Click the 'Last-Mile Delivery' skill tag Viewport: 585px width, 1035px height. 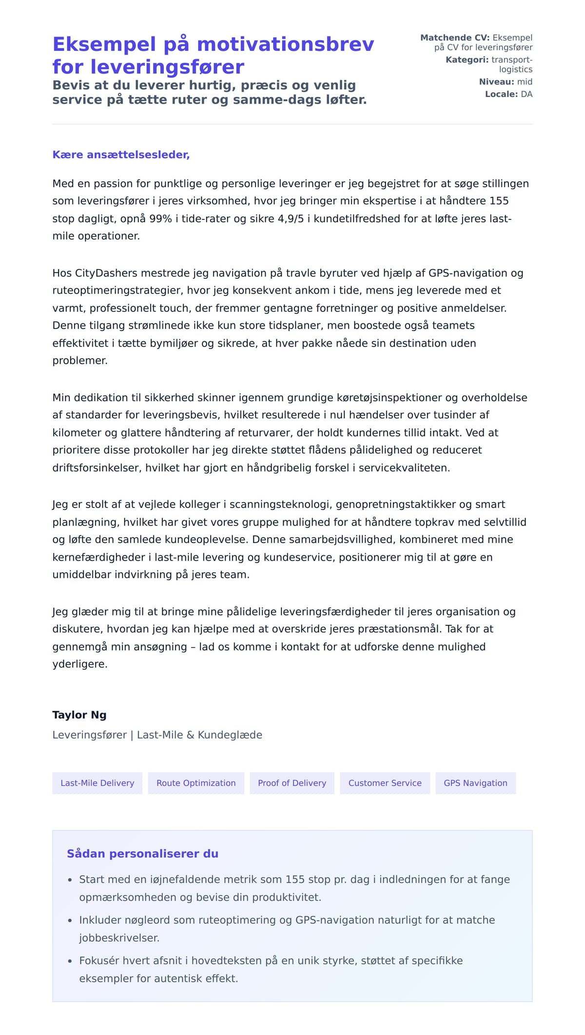pos(97,783)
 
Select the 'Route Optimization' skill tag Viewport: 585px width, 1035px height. pos(196,783)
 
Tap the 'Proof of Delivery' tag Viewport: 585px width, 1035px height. pos(292,783)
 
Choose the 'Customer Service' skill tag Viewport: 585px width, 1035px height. pos(385,783)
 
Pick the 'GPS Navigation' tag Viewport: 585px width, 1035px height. pos(475,783)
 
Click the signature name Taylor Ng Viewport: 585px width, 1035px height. pos(79,715)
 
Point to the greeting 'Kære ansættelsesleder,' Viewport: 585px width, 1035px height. pos(121,155)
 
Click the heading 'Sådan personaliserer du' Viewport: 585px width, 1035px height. pos(142,854)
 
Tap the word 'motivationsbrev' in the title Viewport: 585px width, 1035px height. pos(285,44)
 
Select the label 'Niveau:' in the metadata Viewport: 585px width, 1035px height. pos(496,82)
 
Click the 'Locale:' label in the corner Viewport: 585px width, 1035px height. pos(501,94)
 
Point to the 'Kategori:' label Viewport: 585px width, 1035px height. pos(467,60)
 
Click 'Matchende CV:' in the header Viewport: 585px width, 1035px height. pos(454,38)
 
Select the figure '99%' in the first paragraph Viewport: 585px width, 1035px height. pos(160,218)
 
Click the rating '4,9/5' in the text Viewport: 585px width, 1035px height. pos(291,218)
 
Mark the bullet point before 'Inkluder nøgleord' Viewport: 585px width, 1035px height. pos(70,920)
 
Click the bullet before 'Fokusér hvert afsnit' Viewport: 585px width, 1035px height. pos(70,961)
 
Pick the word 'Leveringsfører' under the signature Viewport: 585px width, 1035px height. pos(89,735)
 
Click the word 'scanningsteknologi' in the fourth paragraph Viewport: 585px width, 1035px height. pos(280,504)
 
